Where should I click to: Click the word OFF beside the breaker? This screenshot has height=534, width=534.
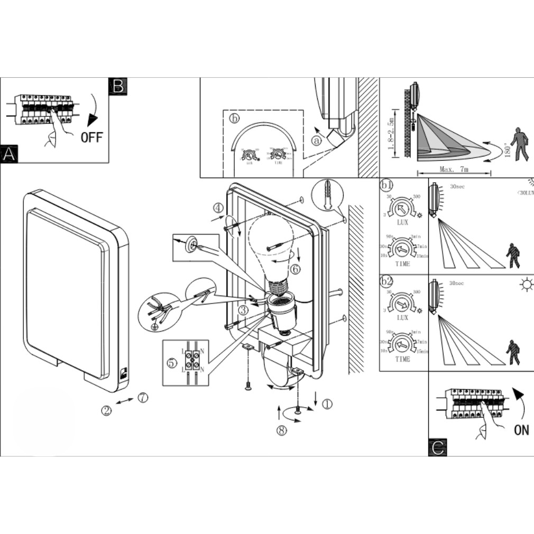point(91,137)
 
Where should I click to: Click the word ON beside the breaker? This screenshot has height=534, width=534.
point(521,429)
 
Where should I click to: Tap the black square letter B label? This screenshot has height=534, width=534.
point(117,86)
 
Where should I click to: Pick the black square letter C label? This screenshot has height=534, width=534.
point(438,448)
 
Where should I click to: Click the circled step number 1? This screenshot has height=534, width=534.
point(327,404)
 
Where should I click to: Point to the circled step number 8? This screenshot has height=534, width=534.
point(282,430)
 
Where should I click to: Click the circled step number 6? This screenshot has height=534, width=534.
point(296,269)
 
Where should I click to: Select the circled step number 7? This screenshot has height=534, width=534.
point(143,398)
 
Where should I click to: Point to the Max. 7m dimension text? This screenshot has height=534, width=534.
point(454,170)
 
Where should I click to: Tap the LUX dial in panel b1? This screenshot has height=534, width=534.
point(403,209)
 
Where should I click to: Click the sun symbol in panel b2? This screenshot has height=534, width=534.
point(526,286)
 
